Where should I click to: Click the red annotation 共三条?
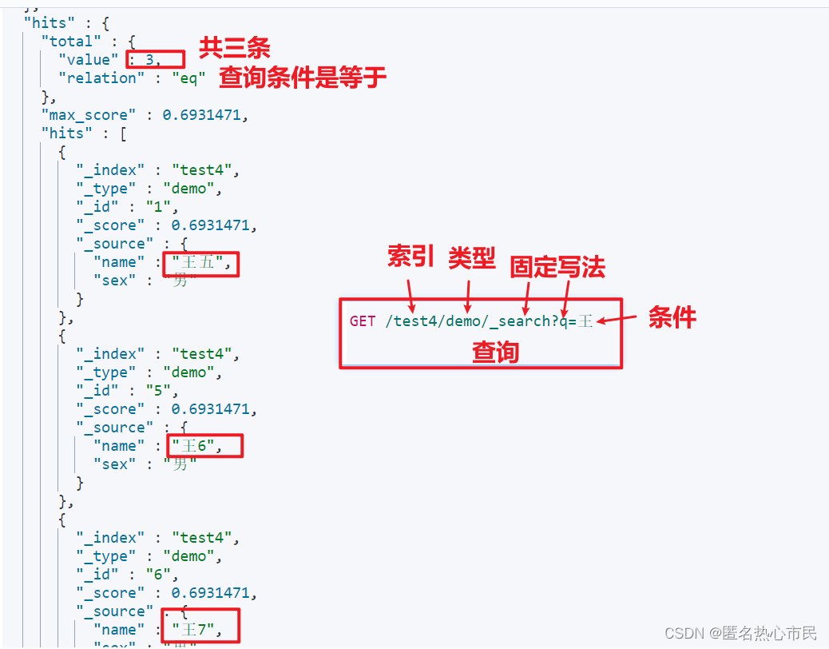coord(234,48)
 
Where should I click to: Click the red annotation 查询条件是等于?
coord(303,77)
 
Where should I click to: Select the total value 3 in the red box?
coord(149,59)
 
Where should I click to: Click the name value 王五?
coord(200,262)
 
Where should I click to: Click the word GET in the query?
coord(362,321)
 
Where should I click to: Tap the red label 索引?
coord(411,257)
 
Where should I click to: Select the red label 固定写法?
coord(557,267)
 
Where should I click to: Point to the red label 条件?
coord(672,317)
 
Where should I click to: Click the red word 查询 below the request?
coord(495,352)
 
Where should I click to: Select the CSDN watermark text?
coord(740,633)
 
